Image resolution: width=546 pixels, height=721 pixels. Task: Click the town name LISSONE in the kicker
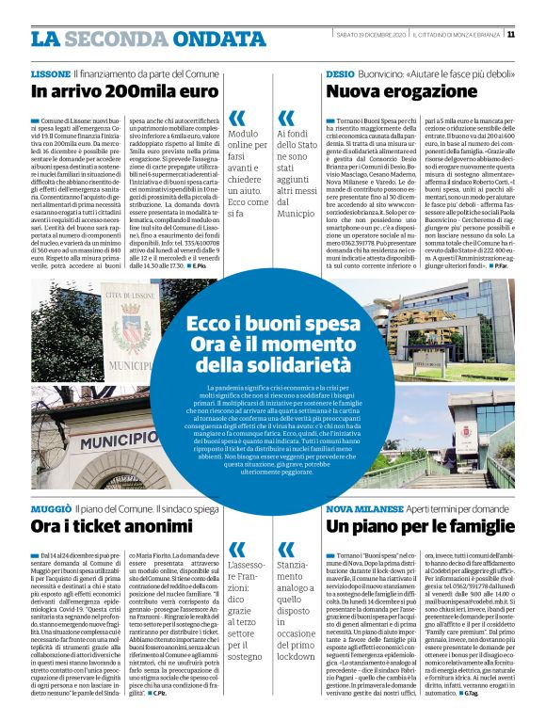(50, 72)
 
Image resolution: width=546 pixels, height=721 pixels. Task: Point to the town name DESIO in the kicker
(340, 72)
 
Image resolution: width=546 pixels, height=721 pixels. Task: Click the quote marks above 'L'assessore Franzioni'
(237, 548)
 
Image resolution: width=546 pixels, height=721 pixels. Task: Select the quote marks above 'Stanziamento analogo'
(285, 548)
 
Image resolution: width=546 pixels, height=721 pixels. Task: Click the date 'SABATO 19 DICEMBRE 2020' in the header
(374, 36)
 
